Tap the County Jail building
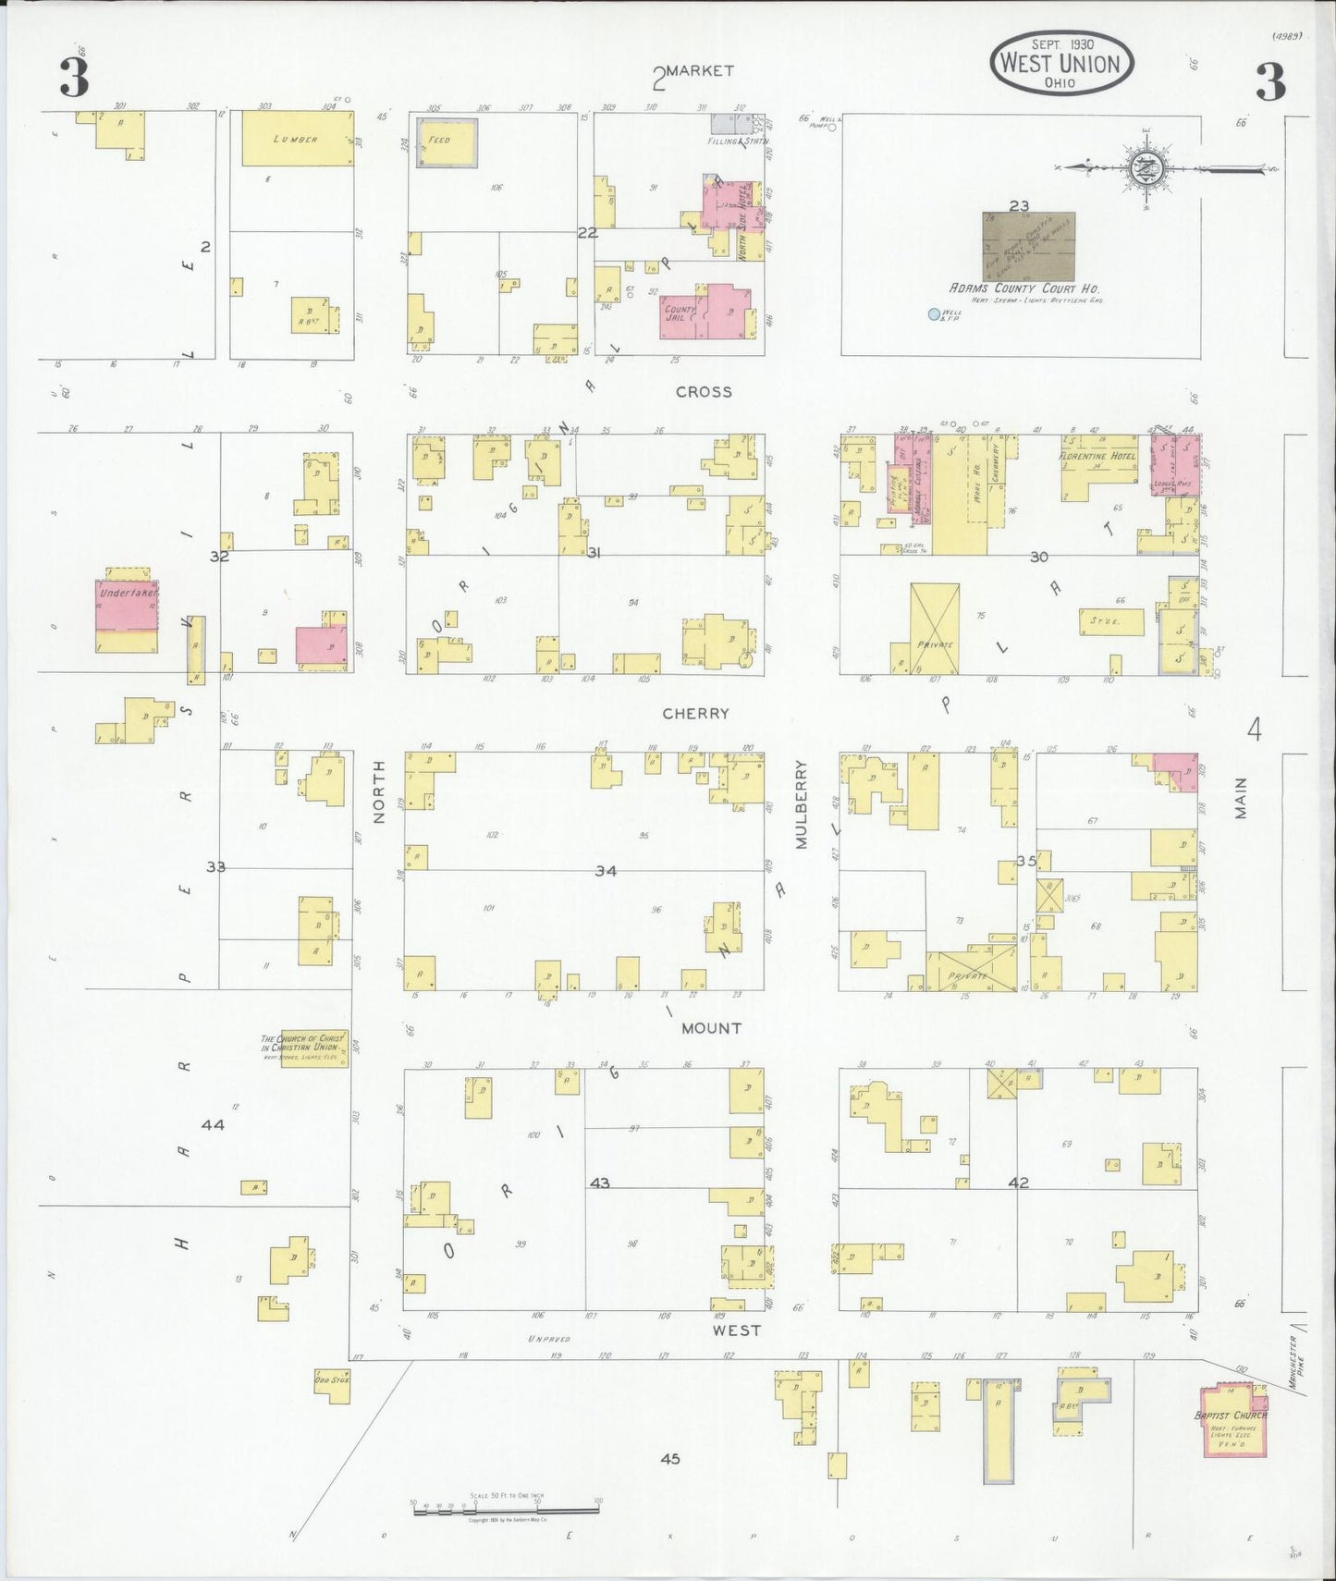[705, 312]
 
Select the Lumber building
[297, 139]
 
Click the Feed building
[447, 142]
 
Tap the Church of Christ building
[313, 1048]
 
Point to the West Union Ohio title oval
[1061, 63]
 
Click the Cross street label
[704, 392]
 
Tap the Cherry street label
[695, 714]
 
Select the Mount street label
[711, 1028]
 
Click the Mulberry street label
[802, 804]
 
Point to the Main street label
[1241, 797]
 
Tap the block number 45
[670, 1458]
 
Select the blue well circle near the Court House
[934, 314]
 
